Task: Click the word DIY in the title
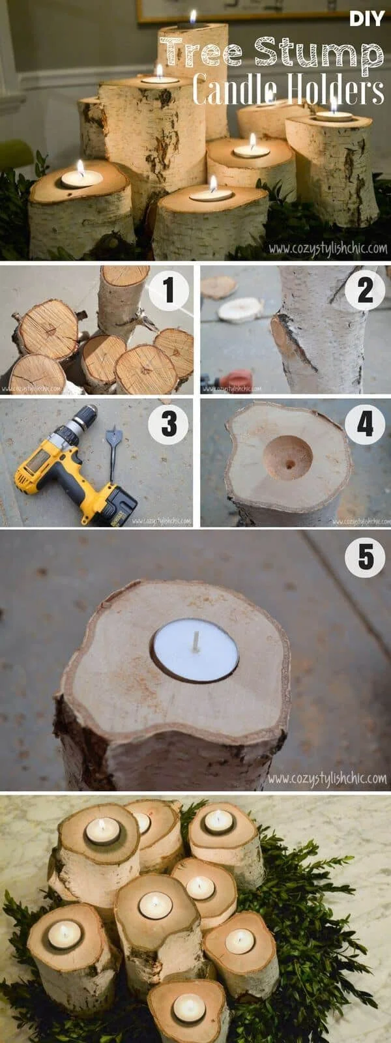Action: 367,19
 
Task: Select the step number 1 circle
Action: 169,290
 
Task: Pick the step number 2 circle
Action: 365,290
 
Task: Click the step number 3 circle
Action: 169,424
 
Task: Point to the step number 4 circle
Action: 365,424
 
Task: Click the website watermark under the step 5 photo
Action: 326,778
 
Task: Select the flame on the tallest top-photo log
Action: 193,16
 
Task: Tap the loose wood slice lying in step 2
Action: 240,310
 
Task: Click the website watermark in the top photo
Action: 328,248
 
